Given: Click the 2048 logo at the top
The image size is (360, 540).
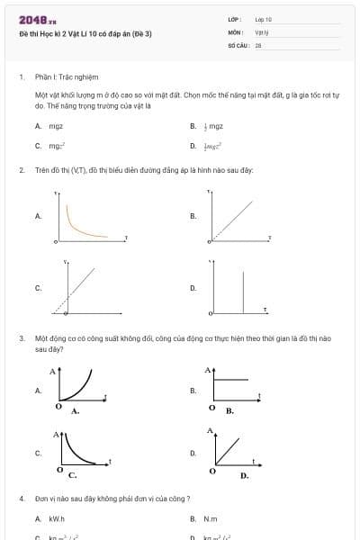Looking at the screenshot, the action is pos(38,19).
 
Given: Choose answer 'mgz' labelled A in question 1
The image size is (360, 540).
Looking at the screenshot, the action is pos(56,127).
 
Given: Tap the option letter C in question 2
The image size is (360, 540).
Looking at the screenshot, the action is pos(38,288).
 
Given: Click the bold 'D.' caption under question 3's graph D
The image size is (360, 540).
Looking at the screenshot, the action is pos(244,475).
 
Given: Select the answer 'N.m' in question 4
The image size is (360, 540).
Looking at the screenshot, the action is pos(211,519).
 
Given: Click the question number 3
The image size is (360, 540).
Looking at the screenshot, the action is pos(22,338).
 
